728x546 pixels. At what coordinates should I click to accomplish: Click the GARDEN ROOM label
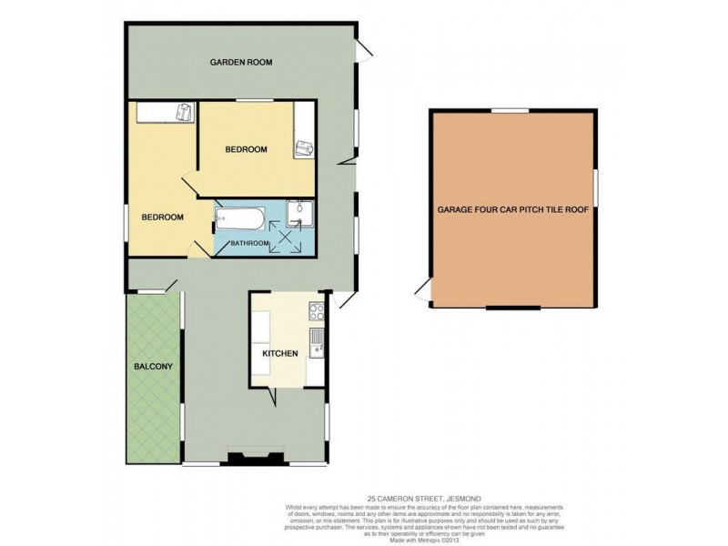point(241,63)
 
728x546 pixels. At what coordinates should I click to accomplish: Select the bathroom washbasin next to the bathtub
point(298,214)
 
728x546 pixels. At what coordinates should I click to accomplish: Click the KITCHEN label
point(280,354)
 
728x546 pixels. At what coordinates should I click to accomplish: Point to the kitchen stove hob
point(316,312)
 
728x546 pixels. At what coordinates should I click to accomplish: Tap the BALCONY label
point(153,367)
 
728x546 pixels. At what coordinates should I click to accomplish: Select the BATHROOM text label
point(248,243)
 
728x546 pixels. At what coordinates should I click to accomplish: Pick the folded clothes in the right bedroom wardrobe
point(302,147)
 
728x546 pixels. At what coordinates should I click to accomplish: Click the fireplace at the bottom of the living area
point(248,459)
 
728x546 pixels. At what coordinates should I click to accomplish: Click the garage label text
point(514,209)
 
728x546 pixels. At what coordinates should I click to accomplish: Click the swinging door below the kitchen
point(272,397)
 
